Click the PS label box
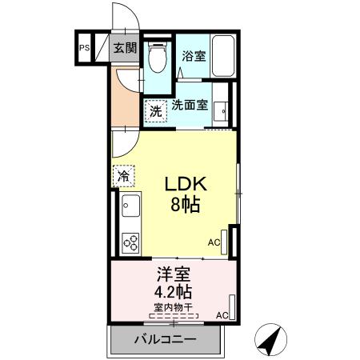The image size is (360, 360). [x=84, y=47]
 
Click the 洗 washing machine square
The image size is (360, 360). [x=156, y=111]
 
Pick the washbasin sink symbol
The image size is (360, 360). [x=223, y=112]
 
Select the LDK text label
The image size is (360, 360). [x=186, y=184]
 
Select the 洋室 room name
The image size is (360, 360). [x=174, y=274]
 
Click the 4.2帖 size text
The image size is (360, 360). [x=174, y=291]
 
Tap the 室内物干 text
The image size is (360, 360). [x=174, y=306]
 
